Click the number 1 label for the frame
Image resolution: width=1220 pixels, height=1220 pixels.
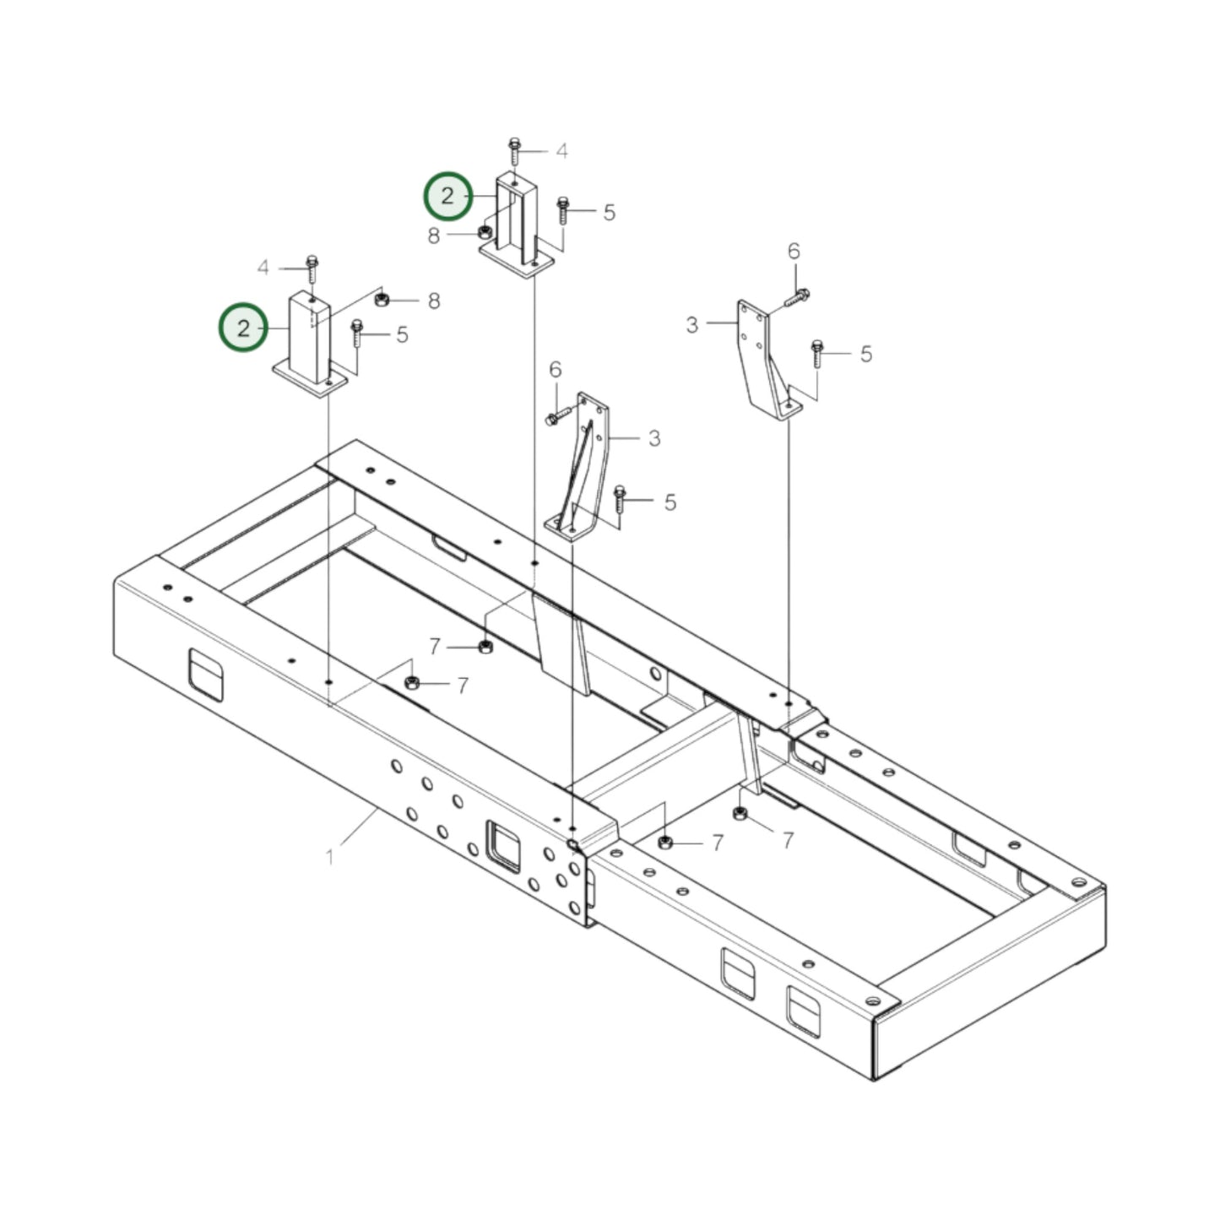329,857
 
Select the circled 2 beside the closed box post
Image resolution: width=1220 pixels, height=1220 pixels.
243,328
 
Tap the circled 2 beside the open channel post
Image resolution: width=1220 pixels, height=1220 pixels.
447,196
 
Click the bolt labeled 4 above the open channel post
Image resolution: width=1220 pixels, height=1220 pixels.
514,151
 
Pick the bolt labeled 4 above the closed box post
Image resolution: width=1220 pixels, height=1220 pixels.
312,269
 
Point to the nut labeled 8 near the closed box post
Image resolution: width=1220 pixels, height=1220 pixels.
381,299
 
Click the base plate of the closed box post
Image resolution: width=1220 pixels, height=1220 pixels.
310,380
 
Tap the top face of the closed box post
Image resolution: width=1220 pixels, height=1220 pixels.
310,297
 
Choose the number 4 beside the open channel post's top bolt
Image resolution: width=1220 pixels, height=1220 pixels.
561,151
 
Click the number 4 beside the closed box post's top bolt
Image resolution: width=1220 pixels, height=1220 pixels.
263,268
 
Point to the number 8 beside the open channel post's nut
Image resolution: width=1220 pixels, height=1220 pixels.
434,236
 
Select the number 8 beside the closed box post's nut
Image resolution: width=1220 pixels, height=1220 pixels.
434,301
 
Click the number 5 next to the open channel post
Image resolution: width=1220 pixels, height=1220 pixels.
609,213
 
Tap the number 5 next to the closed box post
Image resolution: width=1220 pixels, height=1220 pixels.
403,335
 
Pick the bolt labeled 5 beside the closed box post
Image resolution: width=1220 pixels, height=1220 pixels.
356,333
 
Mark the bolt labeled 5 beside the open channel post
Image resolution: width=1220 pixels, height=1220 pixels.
562,211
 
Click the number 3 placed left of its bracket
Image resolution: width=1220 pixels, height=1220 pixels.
692,325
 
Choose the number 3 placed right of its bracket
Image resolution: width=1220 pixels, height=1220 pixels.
654,438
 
